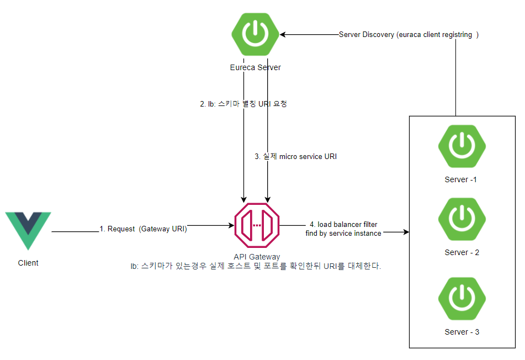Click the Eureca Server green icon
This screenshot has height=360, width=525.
click(255, 35)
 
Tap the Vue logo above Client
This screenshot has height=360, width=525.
click(28, 230)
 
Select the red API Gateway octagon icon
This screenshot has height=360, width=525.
click(257, 225)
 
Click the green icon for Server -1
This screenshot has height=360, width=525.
click(462, 147)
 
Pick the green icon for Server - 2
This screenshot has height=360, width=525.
click(462, 220)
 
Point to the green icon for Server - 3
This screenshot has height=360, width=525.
click(462, 299)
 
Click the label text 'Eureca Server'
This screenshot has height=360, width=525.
click(255, 67)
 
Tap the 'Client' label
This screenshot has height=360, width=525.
click(28, 263)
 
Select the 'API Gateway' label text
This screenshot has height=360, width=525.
click(257, 257)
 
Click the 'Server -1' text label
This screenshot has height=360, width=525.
click(460, 179)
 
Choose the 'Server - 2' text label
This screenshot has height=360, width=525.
click(462, 252)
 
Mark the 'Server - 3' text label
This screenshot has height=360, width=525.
click(462, 332)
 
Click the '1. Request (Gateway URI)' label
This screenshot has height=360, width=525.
click(143, 229)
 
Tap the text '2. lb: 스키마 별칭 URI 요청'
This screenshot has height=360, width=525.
click(243, 104)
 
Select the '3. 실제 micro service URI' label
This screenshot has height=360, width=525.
click(295, 156)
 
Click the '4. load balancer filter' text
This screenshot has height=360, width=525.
click(343, 224)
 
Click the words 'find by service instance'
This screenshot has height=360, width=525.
click(343, 233)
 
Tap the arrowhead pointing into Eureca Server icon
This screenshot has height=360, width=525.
click(283, 35)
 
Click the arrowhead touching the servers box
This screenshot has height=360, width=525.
click(406, 232)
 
